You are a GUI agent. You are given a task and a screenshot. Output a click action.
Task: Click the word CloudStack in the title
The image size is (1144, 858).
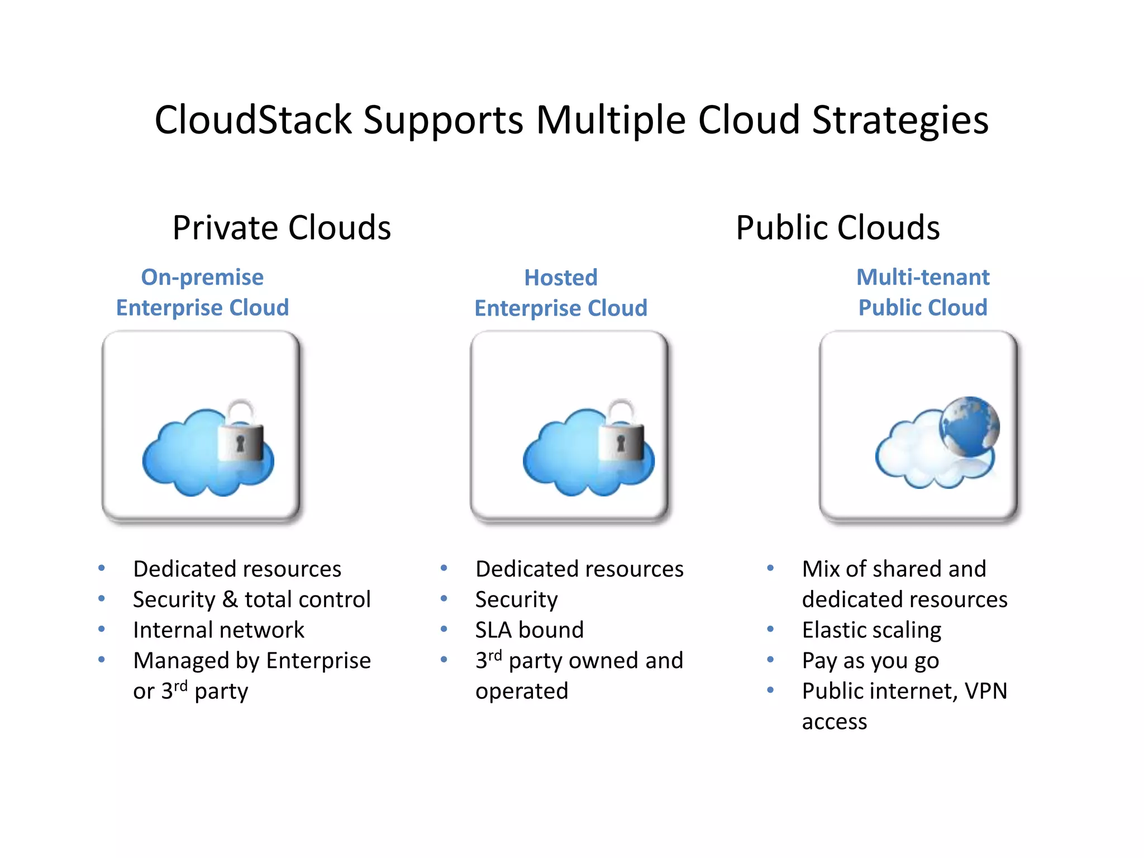tap(253, 120)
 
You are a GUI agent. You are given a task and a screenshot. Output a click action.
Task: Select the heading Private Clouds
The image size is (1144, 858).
tap(282, 228)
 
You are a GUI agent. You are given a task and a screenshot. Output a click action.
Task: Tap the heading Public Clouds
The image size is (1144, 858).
tap(837, 228)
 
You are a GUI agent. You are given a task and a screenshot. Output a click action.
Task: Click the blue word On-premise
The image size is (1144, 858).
tap(202, 277)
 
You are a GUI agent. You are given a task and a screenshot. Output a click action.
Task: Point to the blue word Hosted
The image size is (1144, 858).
tap(561, 278)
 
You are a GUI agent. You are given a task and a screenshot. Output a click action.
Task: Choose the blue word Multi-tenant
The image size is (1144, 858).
tap(923, 277)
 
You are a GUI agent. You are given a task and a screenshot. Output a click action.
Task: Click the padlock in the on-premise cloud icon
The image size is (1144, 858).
tap(241, 433)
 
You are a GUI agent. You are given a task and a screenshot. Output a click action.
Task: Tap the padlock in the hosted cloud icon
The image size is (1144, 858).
tap(621, 433)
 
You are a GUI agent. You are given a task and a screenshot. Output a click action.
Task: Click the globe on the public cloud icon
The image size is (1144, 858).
tap(969, 426)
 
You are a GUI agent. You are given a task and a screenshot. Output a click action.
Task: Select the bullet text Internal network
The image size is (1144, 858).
tap(218, 630)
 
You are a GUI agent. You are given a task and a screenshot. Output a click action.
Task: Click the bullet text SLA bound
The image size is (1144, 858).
tap(529, 630)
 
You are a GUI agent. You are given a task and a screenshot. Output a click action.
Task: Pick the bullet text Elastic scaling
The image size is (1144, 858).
tap(871, 630)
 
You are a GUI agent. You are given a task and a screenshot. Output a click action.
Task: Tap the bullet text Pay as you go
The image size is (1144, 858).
tap(870, 661)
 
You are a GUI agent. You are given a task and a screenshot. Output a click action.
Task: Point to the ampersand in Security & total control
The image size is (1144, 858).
tap(230, 599)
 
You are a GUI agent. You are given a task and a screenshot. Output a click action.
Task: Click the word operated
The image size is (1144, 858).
tap(521, 692)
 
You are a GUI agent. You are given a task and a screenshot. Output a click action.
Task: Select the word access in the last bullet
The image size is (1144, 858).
tap(834, 722)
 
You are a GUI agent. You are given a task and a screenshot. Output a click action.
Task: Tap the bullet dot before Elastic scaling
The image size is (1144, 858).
tap(770, 629)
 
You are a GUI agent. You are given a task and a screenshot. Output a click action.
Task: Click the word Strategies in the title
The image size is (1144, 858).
tap(900, 120)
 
